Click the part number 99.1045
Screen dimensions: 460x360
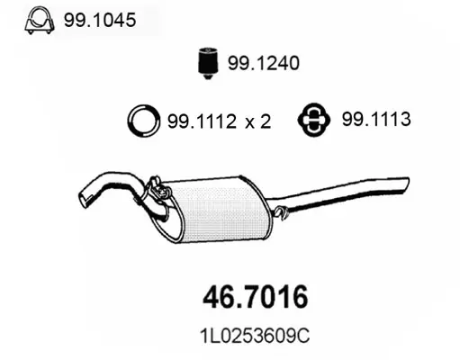[100, 20]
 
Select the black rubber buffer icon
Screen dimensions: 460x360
[208, 62]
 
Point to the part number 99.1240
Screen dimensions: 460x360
[264, 63]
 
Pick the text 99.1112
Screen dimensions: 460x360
[203, 121]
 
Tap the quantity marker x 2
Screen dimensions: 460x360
[257, 121]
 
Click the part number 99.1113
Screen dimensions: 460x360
[376, 119]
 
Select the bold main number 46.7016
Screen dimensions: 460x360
[256, 297]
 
